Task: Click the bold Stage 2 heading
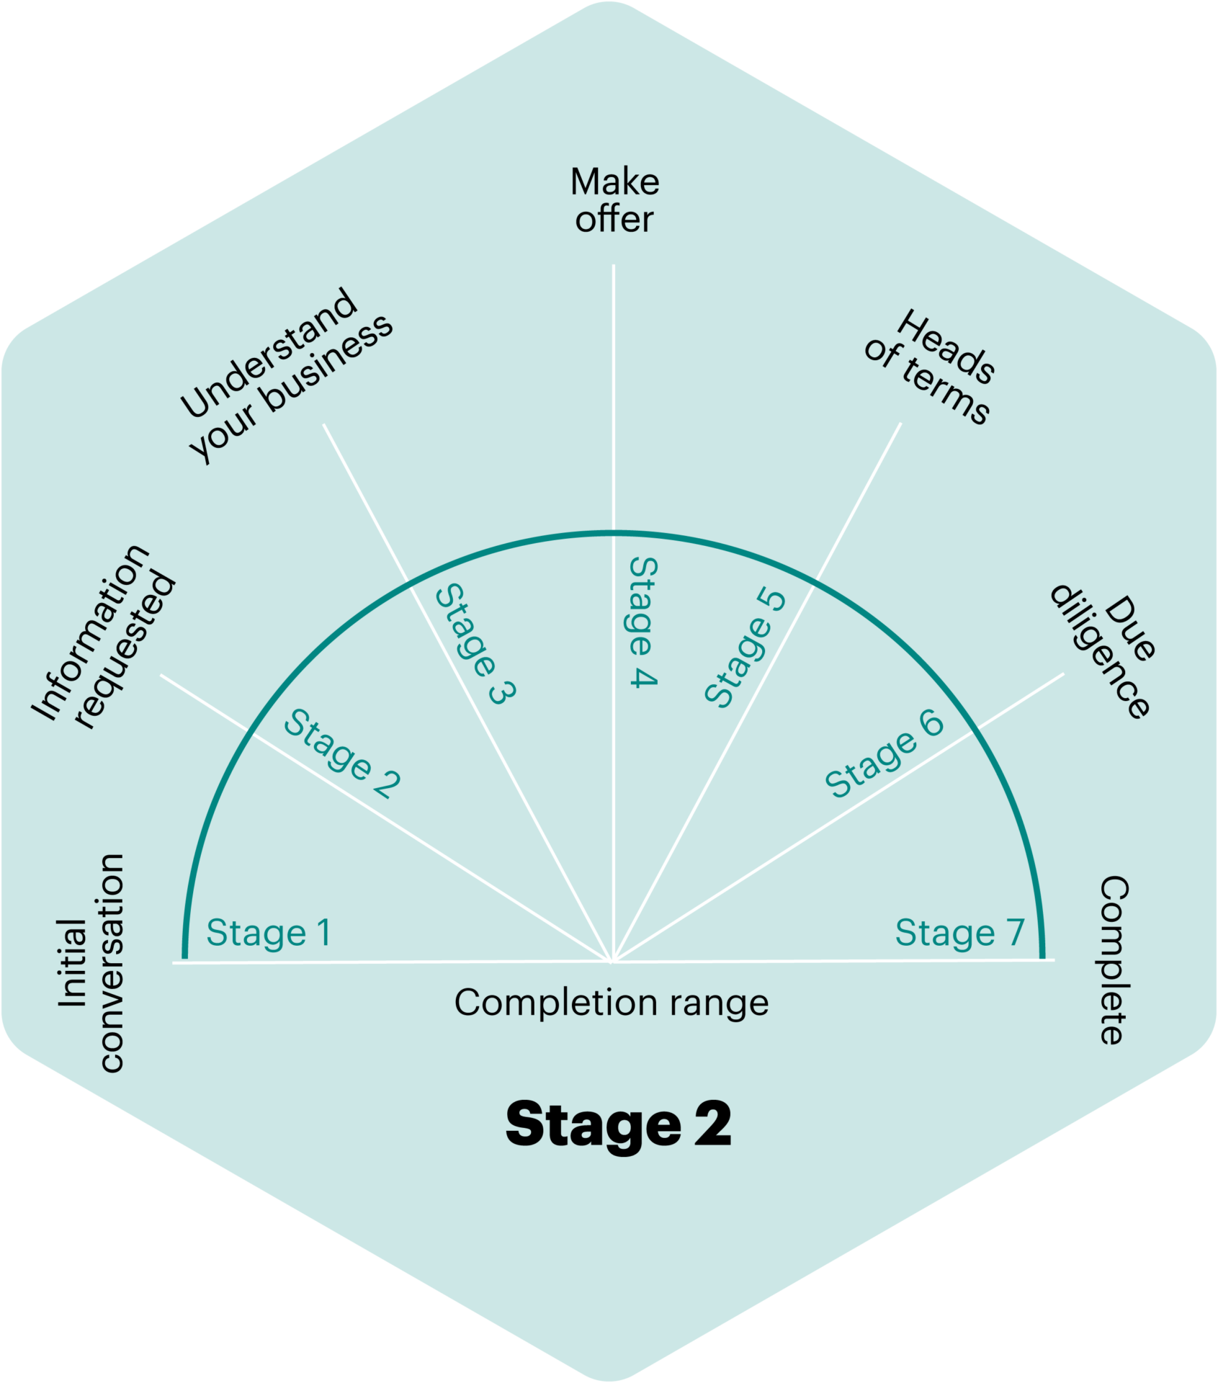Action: (x=618, y=1124)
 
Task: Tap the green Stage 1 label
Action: (x=269, y=934)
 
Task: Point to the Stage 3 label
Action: (x=475, y=643)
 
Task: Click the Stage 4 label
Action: (x=643, y=622)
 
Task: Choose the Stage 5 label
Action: (x=745, y=647)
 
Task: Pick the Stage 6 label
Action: (x=884, y=753)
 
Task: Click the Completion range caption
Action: (x=612, y=1003)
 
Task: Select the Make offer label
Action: (x=614, y=201)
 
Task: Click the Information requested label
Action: (x=104, y=636)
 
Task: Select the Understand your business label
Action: (x=287, y=375)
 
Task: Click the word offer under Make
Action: (x=614, y=219)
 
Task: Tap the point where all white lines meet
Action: (x=612, y=961)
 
